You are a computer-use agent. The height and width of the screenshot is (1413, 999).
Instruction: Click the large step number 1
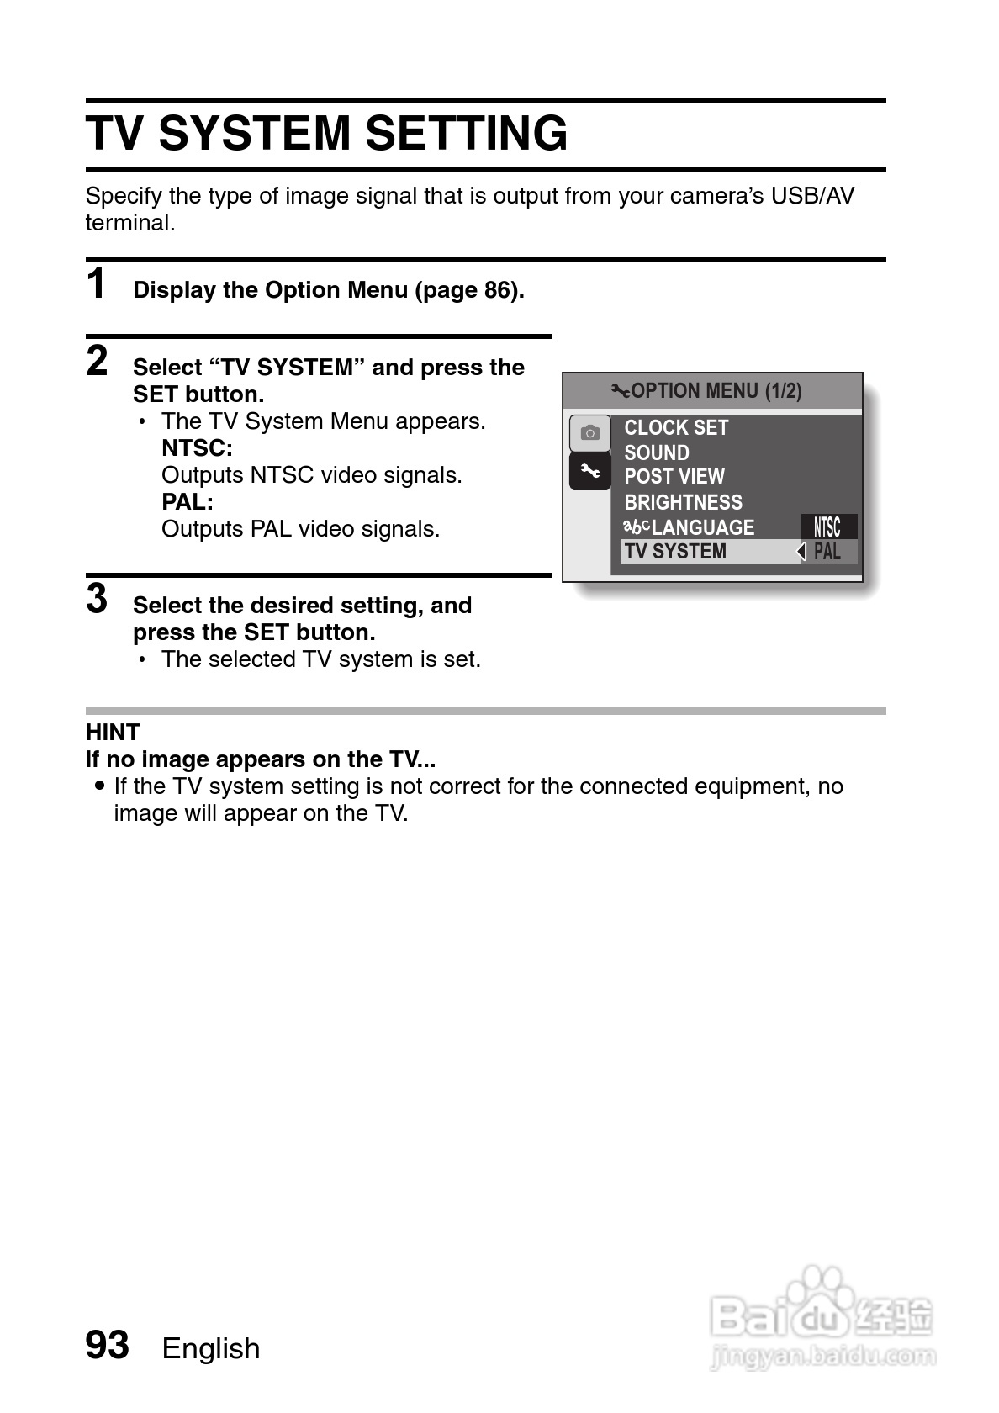[97, 283]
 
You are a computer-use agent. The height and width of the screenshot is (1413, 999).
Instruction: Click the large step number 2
[98, 361]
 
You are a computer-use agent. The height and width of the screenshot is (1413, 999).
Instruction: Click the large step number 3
[97, 599]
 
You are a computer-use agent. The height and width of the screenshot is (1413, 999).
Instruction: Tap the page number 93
[108, 1345]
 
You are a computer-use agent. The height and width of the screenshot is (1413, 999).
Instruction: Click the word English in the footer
[211, 1348]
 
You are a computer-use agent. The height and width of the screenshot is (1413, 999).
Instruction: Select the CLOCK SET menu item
[676, 428]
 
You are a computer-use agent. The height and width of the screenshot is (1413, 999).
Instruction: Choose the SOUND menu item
[656, 452]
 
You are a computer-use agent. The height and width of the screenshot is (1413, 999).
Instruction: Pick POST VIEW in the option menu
[674, 477]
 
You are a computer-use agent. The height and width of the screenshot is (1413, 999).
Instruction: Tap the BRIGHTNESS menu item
[683, 502]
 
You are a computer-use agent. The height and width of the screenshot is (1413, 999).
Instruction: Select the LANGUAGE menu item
[702, 527]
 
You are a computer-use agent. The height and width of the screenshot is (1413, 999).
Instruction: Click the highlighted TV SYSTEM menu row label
[675, 552]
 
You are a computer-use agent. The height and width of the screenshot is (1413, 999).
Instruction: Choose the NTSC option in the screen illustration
[827, 527]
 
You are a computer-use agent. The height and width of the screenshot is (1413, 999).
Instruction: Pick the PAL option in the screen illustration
[827, 552]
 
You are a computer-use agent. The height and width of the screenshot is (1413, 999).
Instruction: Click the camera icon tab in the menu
[589, 433]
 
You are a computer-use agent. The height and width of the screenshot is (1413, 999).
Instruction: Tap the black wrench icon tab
[589, 472]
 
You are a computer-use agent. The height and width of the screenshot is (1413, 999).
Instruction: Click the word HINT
[113, 733]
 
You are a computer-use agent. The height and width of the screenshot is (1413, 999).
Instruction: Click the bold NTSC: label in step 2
[197, 448]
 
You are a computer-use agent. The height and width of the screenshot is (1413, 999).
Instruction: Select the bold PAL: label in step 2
[188, 502]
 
